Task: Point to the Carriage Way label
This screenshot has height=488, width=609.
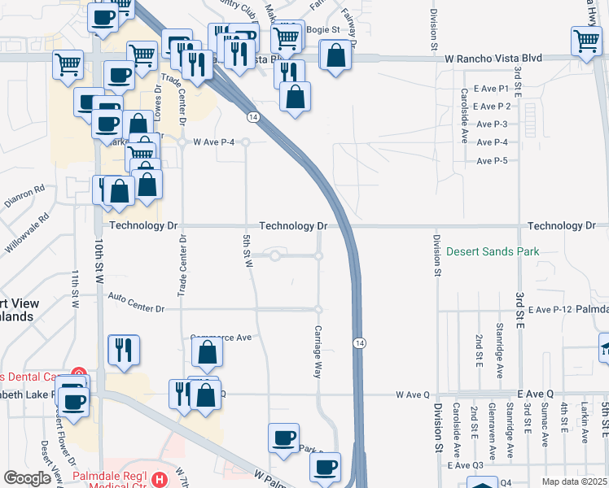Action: pos(318,351)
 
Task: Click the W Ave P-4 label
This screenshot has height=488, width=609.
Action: pos(212,142)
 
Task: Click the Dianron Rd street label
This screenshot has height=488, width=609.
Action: pos(24,196)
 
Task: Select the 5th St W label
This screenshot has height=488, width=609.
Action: pos(247,249)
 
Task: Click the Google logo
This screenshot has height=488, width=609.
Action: pos(27,478)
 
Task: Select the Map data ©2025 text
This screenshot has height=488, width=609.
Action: pos(575,481)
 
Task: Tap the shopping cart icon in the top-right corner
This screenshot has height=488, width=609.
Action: pos(587,41)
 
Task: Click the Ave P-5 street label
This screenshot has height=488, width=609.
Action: pos(492,161)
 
